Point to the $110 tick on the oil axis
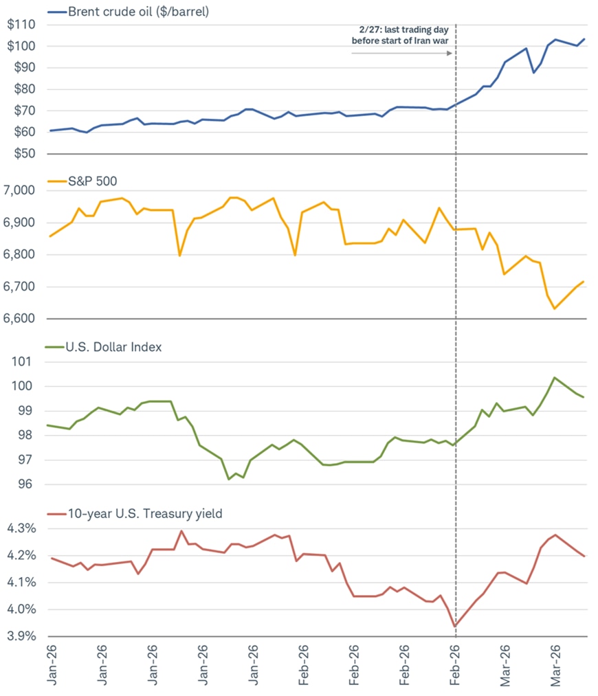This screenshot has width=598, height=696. point(23,25)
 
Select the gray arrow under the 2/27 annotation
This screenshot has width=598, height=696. point(401,53)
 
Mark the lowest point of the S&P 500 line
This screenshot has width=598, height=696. point(555,308)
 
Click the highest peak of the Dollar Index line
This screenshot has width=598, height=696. point(555,377)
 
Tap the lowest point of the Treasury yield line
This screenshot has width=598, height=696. point(455,626)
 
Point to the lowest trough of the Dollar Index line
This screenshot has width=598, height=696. point(229,479)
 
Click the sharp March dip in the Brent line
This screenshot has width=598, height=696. point(533,72)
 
